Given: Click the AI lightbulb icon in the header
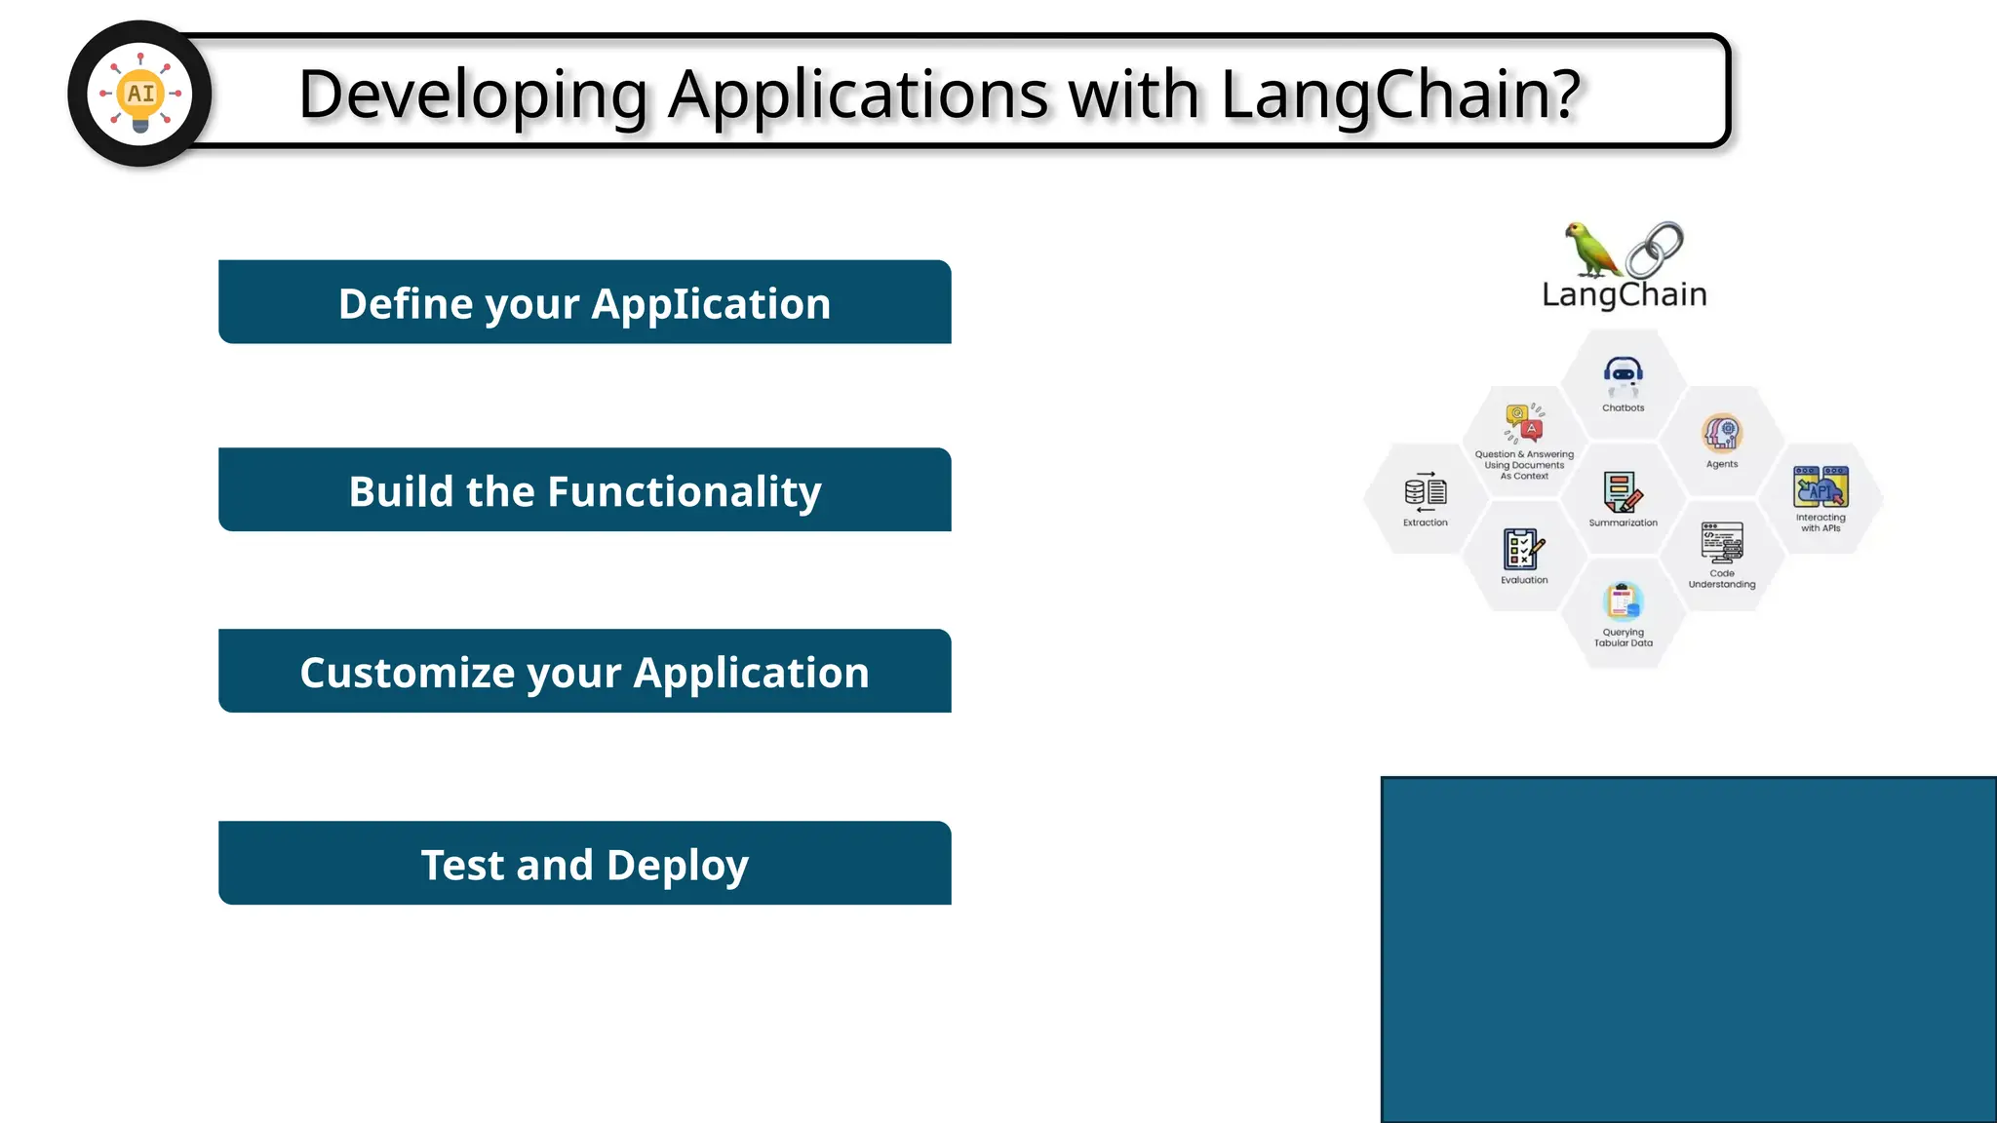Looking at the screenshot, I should [140, 94].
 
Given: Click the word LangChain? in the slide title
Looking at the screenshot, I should [1400, 96].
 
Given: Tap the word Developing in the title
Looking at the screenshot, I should [473, 96].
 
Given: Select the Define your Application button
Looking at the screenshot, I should [585, 302].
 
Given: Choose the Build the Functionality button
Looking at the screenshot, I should [585, 490].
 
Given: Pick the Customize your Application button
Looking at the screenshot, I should [585, 672].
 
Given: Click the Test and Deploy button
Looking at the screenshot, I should [585, 864].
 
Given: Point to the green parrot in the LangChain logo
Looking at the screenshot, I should [1590, 250].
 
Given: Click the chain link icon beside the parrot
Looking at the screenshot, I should [1655, 250].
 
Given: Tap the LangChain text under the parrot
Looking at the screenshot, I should [1625, 294].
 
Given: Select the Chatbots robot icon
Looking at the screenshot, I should [1624, 376].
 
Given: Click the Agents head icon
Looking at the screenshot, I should [1722, 433].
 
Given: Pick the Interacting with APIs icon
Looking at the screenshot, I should [1821, 486].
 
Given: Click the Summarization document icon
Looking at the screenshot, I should [1623, 492].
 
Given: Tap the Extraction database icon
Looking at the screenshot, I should [1426, 492].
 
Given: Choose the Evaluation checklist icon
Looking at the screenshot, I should [1523, 550].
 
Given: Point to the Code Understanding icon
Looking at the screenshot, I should [1722, 543].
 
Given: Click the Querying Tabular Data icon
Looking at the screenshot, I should [1624, 601].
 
